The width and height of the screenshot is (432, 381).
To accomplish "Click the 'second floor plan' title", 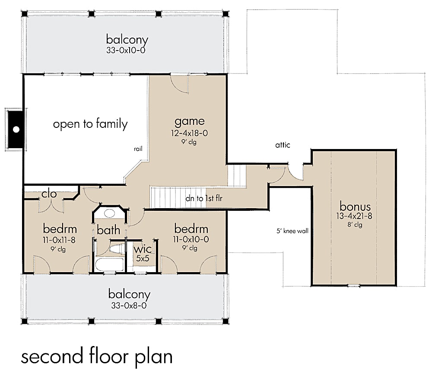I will coord(97,356).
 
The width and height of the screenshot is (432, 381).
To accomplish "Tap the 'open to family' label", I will coord(90,124).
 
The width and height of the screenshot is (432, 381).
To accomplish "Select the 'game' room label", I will coord(189,121).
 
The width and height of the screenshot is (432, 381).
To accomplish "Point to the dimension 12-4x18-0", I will coord(189,133).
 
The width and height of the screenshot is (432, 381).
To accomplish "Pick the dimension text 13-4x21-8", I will coord(355,216).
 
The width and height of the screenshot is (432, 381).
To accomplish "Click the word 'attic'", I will coord(283,146).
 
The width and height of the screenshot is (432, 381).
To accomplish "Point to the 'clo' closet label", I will coord(49,194).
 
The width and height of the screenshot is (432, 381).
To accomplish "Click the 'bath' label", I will coord(108,230).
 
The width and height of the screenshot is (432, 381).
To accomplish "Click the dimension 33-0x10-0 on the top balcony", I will coord(127,50).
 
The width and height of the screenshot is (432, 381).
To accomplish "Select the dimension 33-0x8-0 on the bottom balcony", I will coord(129,305).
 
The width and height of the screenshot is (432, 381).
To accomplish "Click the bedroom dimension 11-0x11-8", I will coord(60,239).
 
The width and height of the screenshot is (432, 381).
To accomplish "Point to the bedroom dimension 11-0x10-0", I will coord(191,239).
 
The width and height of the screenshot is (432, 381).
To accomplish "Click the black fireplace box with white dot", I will coord(16,129).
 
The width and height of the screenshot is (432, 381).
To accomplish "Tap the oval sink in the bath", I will coord(110,213).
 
